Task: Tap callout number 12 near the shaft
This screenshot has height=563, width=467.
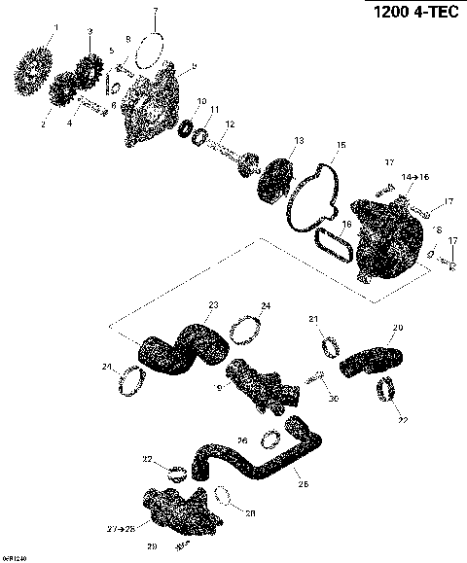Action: (230, 123)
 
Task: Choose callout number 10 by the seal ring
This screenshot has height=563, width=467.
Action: (201, 101)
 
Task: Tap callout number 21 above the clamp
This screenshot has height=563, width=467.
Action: (312, 319)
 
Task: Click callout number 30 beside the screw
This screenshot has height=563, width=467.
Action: (333, 398)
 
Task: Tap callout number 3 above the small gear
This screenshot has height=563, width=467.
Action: (90, 31)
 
